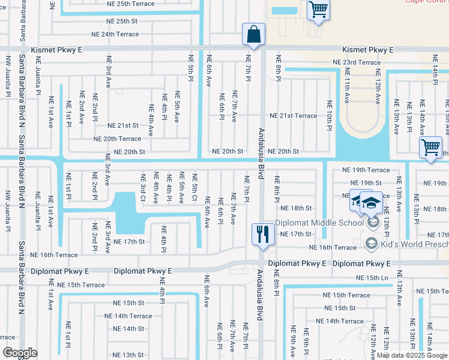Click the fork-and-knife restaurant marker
pos(262,233)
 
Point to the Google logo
pos(20,353)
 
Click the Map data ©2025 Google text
pos(412,355)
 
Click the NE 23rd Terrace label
pos(357,62)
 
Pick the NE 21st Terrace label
pos(293,116)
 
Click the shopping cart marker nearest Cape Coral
pos(318,10)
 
